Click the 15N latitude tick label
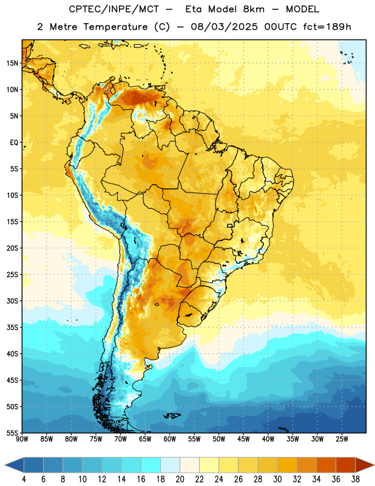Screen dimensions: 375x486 tap(12, 63)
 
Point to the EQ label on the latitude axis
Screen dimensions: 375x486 tap(14, 143)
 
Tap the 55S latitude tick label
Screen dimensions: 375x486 tap(12, 433)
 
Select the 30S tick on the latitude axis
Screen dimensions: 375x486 tap(12, 301)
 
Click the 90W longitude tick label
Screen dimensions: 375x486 tap(22, 439)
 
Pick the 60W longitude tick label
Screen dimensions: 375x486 tap(170, 439)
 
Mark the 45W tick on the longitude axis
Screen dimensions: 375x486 tap(243, 439)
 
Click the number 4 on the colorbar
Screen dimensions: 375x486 tap(24, 479)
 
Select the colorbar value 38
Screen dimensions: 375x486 tap(356, 479)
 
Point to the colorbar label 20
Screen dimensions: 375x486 tap(180, 479)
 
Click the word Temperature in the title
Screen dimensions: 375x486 tap(115, 27)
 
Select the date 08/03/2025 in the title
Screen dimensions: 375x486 tap(224, 27)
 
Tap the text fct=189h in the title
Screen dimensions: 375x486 tap(327, 27)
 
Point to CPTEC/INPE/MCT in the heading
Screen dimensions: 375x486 tap(113, 9)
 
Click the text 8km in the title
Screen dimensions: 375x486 tap(254, 9)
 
